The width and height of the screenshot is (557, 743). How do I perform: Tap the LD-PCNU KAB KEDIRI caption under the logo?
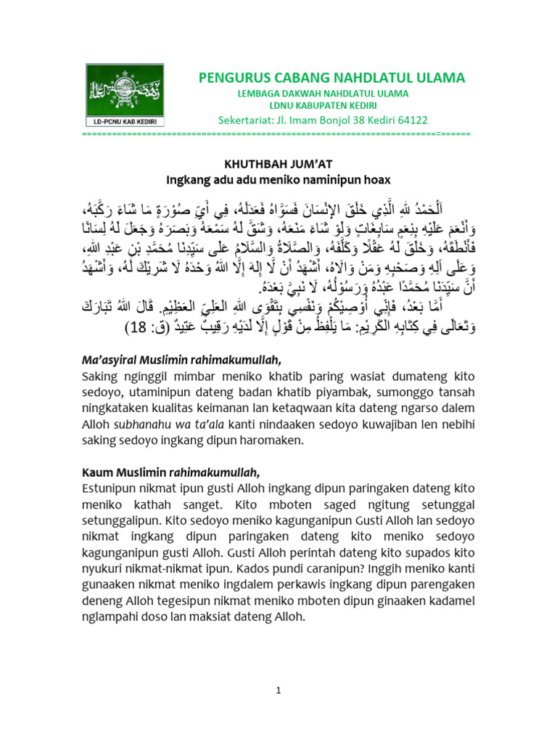pyautogui.click(x=125, y=120)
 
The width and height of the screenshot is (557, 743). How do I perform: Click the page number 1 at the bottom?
pyautogui.click(x=278, y=691)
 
